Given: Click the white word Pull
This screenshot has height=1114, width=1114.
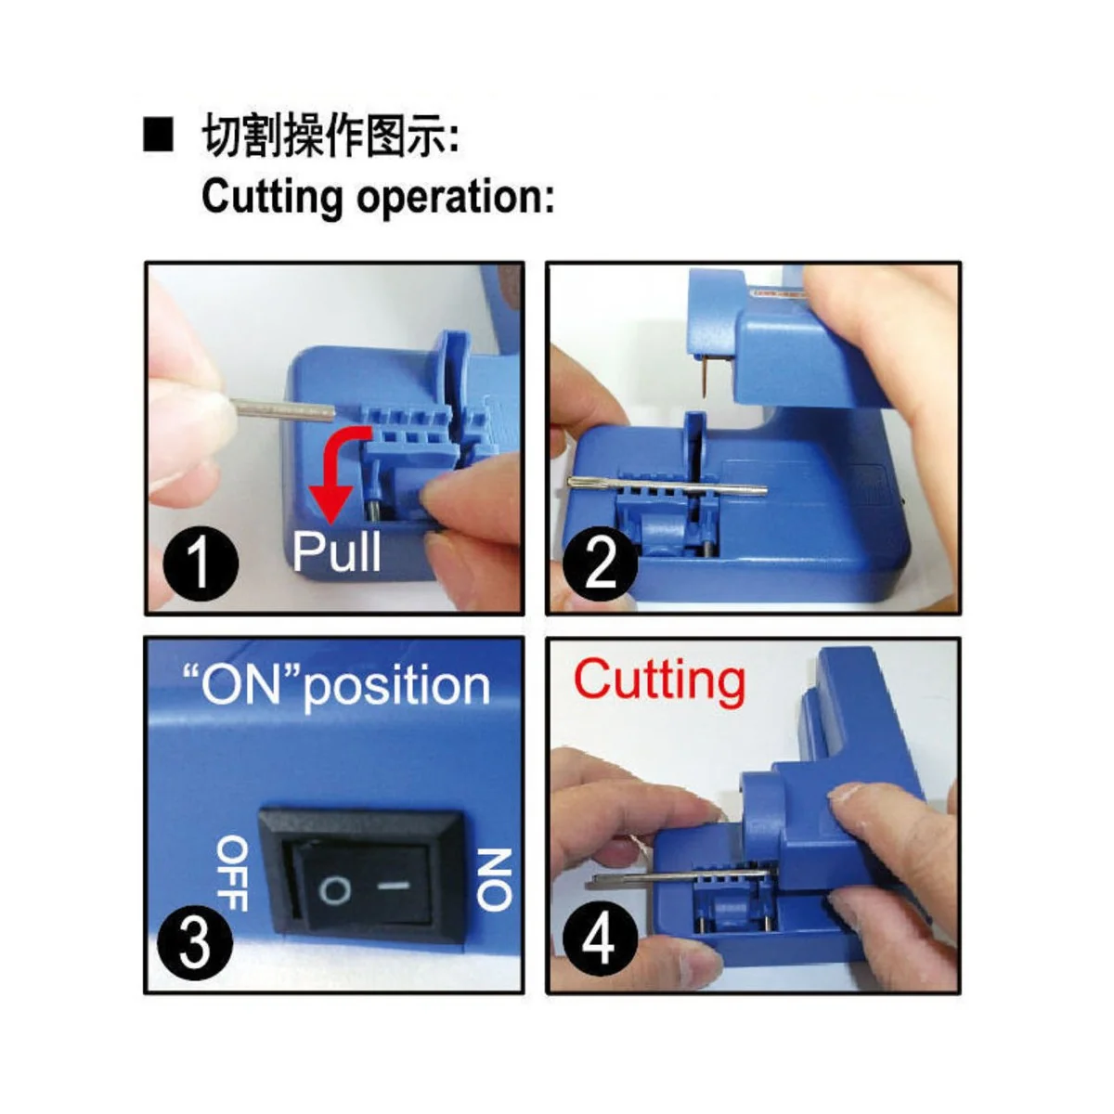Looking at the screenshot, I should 336,551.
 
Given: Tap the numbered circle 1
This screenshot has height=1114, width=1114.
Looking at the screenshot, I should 201,563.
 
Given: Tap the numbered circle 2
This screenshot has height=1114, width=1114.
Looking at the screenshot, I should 601,562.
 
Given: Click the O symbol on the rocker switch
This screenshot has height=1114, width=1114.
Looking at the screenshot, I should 335,891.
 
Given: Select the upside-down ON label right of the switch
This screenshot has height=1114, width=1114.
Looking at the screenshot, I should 494,877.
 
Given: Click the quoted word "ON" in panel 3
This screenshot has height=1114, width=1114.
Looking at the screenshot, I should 240,685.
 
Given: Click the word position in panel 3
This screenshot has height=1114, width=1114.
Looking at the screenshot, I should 397,689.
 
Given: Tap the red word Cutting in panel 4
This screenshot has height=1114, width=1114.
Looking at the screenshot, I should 659,680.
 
